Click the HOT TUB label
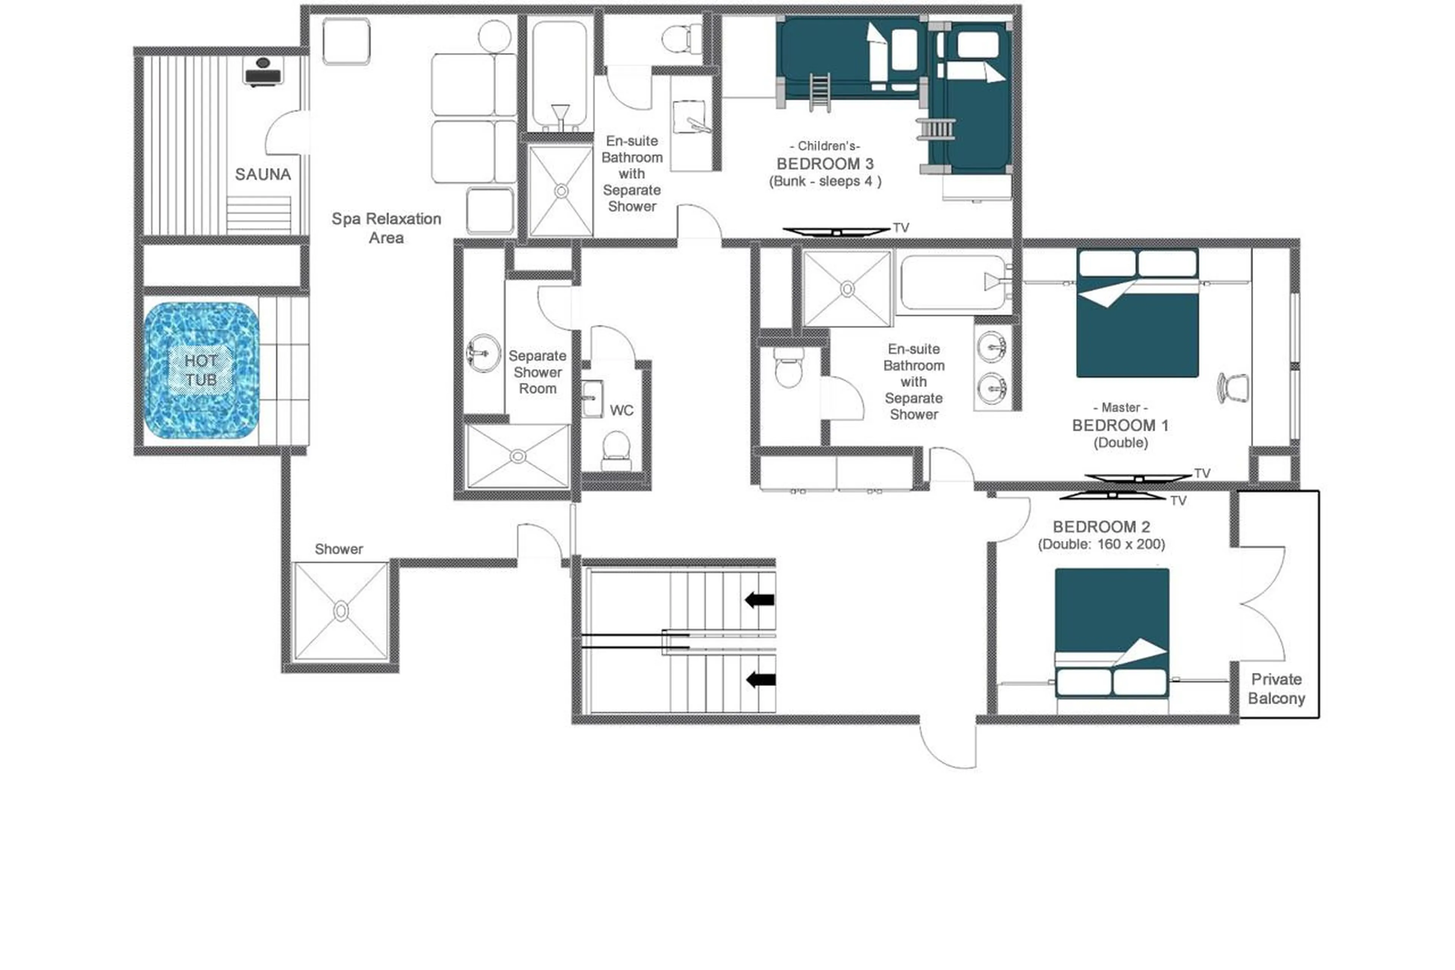(x=200, y=370)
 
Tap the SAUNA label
(x=263, y=174)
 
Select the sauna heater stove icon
(x=263, y=72)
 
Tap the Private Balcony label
(x=1276, y=688)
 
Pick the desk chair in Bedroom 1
(x=1232, y=388)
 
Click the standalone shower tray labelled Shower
(x=341, y=611)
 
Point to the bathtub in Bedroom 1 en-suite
(x=952, y=283)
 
